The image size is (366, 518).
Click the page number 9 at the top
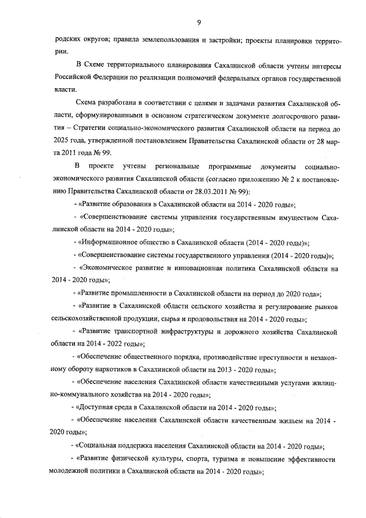pos(198,22)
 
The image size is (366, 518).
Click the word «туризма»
pos(223,459)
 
